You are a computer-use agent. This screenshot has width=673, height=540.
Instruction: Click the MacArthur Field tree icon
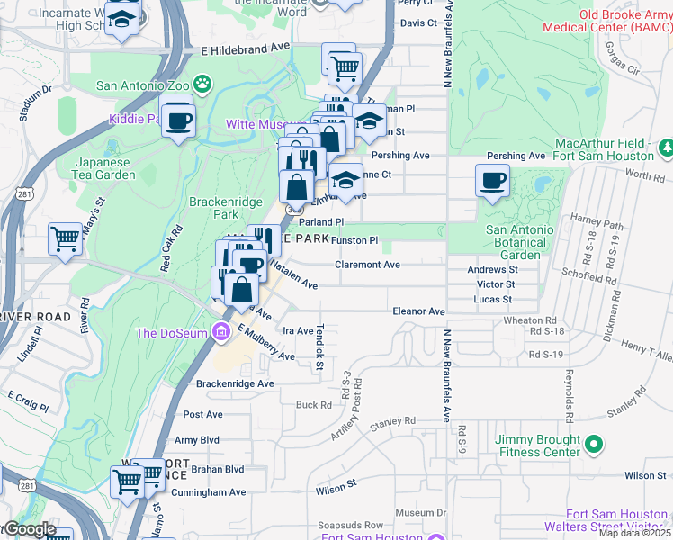[x=666, y=145]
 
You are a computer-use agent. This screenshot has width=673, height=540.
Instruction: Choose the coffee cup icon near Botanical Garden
[x=492, y=180]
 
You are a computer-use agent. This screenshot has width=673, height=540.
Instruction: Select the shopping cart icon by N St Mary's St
[x=66, y=239]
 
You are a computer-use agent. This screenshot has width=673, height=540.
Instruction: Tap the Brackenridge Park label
[x=213, y=208]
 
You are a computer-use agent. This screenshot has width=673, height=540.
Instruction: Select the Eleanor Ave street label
[x=418, y=311]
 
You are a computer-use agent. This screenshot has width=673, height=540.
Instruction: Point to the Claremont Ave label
[x=367, y=265]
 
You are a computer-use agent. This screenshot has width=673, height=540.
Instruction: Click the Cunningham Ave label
[x=211, y=492]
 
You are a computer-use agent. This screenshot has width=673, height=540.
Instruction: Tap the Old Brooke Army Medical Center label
[x=606, y=22]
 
